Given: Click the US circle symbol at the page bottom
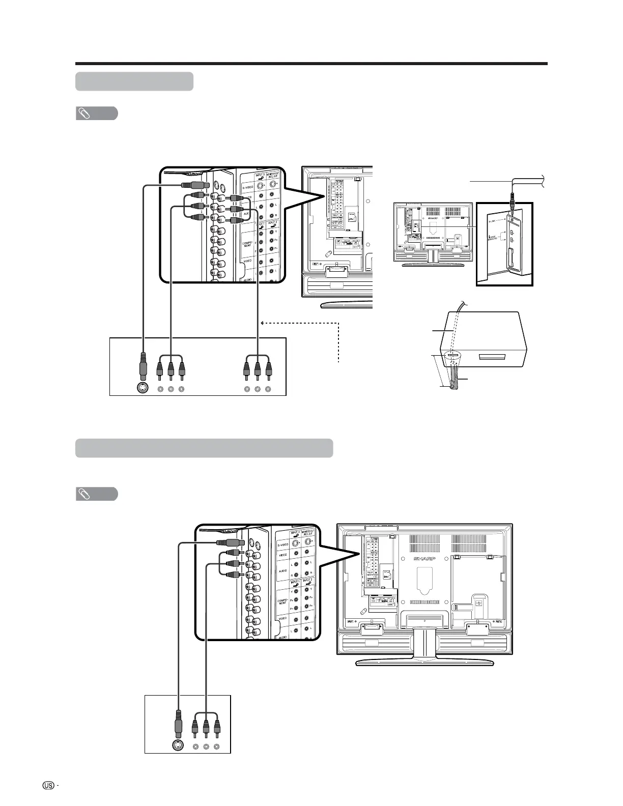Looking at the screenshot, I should (x=49, y=785).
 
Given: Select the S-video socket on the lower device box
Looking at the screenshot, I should (x=178, y=746).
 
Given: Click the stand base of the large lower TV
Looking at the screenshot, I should (x=424, y=662).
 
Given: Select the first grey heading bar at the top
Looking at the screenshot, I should (x=134, y=81).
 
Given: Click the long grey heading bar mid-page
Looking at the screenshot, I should (x=204, y=448).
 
